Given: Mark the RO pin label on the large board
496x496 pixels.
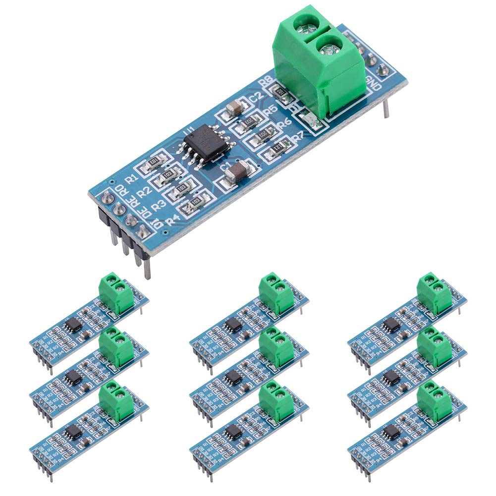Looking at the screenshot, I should pyautogui.click(x=119, y=189).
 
